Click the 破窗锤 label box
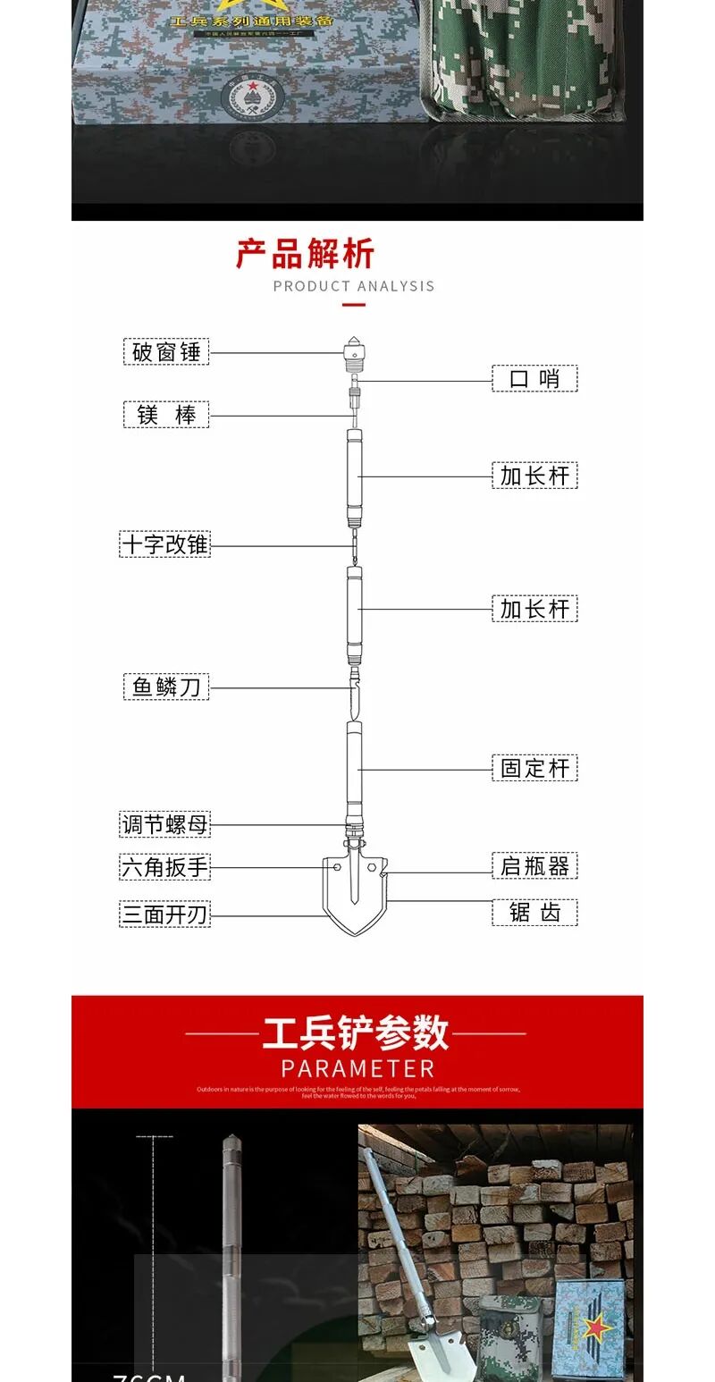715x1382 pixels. pyautogui.click(x=165, y=352)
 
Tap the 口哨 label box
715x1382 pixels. pyautogui.click(x=534, y=378)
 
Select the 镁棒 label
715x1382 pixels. pyautogui.click(x=165, y=415)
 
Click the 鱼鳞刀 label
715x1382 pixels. pyautogui.click(x=165, y=687)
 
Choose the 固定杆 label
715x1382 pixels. pyautogui.click(x=534, y=768)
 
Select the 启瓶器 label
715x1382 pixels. pyautogui.click(x=534, y=865)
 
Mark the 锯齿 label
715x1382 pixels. pyautogui.click(x=534, y=912)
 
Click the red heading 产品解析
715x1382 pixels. pyautogui.click(x=305, y=254)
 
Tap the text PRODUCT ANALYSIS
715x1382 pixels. pyautogui.click(x=354, y=286)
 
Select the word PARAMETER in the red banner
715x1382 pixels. pyautogui.click(x=357, y=1068)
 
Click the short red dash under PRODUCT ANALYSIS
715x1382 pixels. pyautogui.click(x=354, y=305)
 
